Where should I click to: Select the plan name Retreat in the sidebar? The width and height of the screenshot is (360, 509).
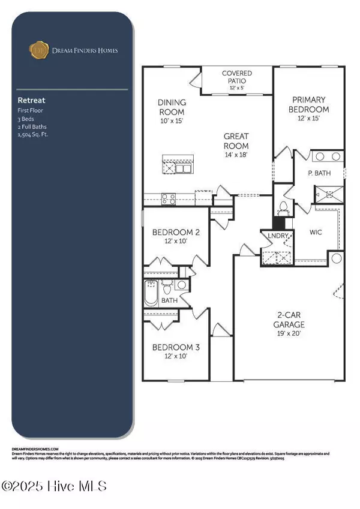point(31,101)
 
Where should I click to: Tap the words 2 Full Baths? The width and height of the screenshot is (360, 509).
point(34,127)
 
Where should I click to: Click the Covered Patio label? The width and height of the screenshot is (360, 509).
point(236,77)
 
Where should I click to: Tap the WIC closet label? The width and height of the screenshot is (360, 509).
point(316,231)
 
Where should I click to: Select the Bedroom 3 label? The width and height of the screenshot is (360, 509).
point(175,351)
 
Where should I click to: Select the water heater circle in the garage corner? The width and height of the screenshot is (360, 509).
point(337,258)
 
